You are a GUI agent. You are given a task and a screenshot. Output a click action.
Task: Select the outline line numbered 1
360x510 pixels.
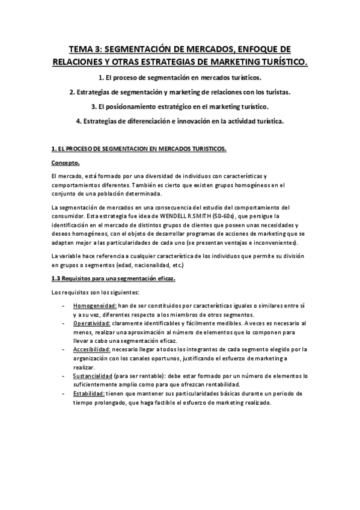coord(180,78)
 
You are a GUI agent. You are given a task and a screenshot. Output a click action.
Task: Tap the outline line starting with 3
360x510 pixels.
coord(180,106)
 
